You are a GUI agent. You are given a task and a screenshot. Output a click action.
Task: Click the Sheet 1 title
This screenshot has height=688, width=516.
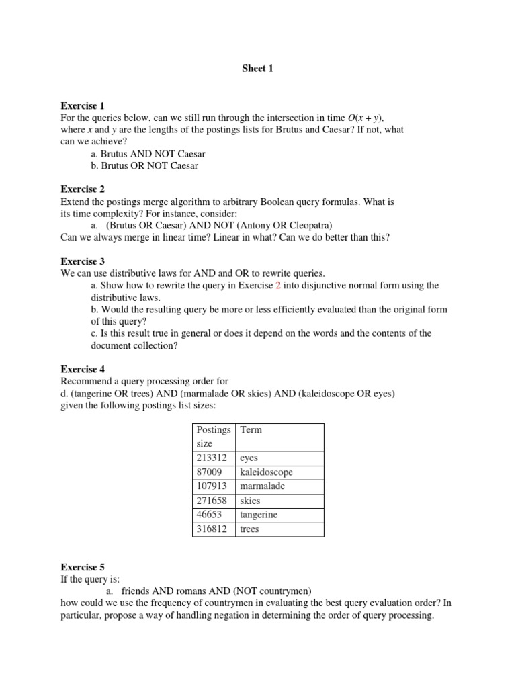257,69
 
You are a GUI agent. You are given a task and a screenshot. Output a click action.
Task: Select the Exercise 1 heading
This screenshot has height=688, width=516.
83,105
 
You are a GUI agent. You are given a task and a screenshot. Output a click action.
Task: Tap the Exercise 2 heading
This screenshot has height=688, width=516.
83,189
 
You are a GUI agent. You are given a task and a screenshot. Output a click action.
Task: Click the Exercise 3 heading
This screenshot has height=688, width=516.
83,261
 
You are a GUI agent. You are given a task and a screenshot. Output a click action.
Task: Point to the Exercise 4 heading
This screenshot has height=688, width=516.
83,369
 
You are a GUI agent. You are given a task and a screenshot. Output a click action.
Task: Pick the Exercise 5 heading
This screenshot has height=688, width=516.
83,566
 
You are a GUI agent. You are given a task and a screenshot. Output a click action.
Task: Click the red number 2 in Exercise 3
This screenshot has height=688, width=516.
278,285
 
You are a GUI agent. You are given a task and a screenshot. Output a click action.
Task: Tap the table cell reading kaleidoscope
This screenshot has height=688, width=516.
266,472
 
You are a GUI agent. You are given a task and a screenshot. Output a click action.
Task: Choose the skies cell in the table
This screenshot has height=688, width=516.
250,501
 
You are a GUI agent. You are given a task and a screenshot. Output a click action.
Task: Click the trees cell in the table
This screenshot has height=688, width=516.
249,529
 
